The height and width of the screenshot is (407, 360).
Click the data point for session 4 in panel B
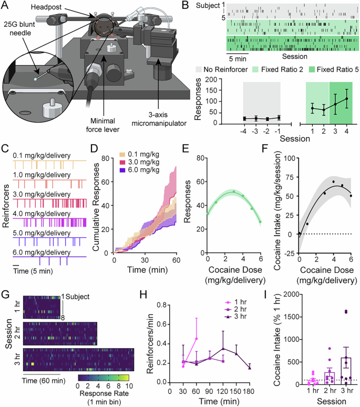pyautogui.click(x=347, y=99)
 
